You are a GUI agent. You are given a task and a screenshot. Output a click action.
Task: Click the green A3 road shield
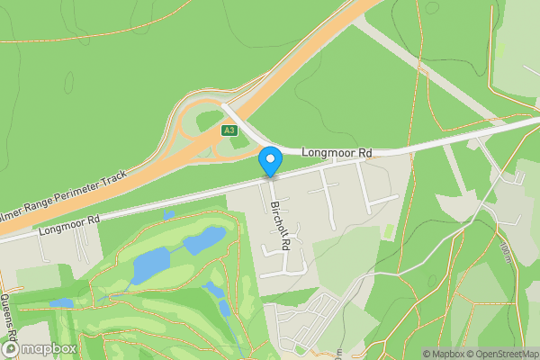[230, 130]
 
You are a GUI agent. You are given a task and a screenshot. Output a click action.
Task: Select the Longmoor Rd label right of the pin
[337, 154]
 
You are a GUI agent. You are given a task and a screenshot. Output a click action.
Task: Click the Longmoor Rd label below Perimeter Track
[68, 226]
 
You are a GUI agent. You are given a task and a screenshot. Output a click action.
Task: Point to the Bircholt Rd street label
[281, 225]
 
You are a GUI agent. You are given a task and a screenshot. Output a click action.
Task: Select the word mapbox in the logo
[49, 348]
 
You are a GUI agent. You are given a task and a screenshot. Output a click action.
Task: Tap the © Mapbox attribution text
[445, 354]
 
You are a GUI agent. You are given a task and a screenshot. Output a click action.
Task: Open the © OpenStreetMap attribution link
[503, 354]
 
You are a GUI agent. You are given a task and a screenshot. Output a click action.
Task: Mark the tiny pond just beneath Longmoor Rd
[168, 216]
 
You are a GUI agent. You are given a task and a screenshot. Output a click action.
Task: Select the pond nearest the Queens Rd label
[61, 303]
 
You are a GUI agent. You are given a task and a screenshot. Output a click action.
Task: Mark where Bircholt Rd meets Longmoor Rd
[271, 176]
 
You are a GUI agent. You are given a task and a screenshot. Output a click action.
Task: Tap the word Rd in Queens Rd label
[12, 345]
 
